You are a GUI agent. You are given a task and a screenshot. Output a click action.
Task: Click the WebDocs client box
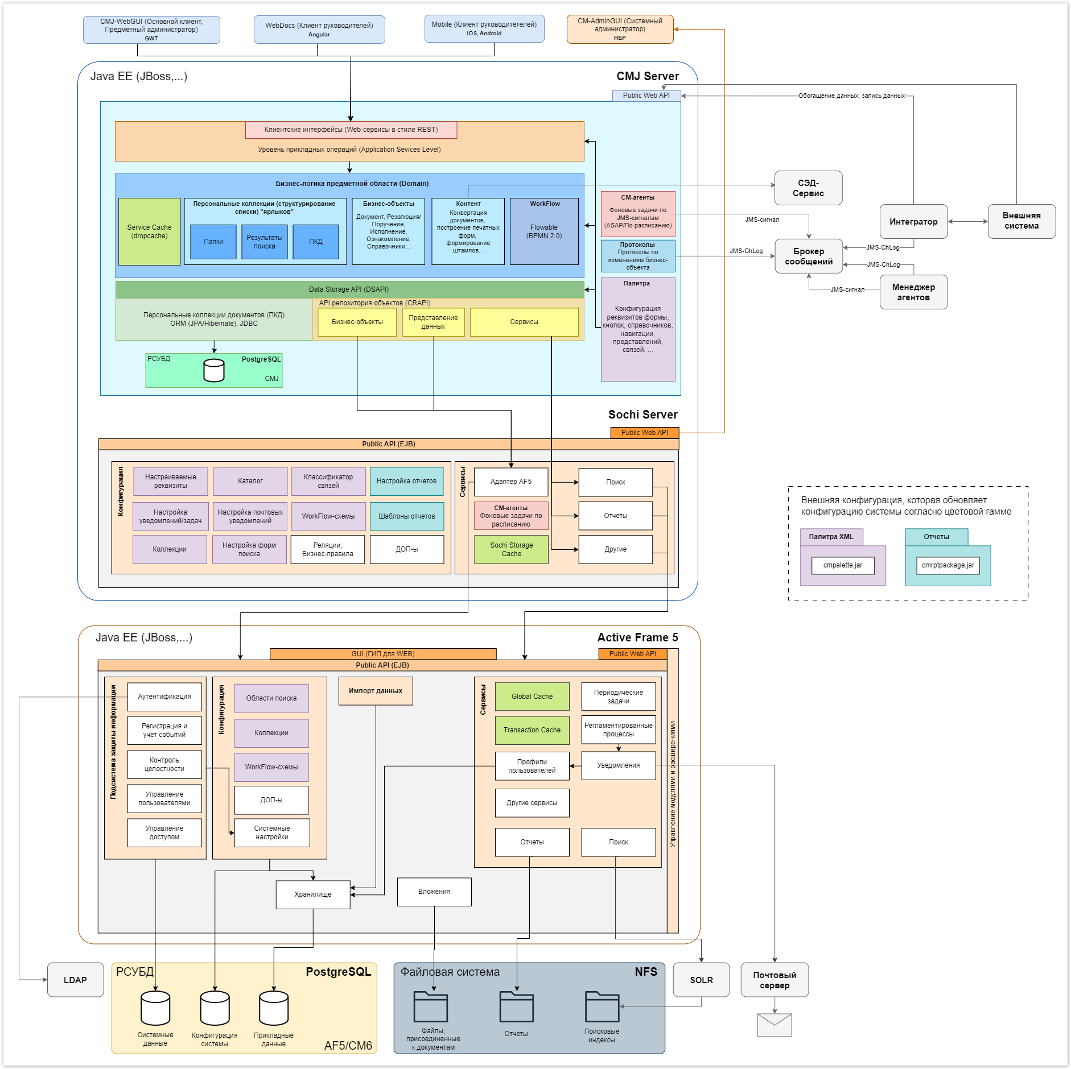click(x=319, y=30)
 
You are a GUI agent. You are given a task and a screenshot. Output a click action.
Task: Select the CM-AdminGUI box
click(x=620, y=30)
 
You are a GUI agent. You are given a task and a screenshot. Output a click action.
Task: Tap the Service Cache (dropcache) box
click(x=149, y=231)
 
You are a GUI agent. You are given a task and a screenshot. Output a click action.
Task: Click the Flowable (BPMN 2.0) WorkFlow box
click(x=544, y=231)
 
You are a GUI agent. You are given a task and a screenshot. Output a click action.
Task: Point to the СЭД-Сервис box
click(x=808, y=188)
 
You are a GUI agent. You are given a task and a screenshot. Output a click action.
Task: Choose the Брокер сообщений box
click(x=808, y=256)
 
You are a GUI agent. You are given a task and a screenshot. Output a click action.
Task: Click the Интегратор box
click(x=913, y=222)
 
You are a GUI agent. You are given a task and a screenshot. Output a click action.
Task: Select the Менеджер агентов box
click(x=913, y=292)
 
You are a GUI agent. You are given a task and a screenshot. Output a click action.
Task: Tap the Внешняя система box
click(x=1021, y=221)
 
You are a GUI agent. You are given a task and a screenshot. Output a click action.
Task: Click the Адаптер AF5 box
click(x=511, y=482)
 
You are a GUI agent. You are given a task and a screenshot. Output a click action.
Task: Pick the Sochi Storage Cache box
click(x=511, y=549)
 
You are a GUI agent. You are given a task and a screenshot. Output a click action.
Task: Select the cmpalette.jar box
click(x=843, y=565)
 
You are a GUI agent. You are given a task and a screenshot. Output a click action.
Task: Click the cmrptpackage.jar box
click(x=948, y=565)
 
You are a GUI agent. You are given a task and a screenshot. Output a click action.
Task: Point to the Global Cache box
click(x=532, y=697)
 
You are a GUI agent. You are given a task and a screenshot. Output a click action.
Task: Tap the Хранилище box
click(x=313, y=894)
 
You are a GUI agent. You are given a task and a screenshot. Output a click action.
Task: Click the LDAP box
click(x=75, y=980)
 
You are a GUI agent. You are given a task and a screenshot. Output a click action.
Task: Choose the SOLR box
click(x=701, y=980)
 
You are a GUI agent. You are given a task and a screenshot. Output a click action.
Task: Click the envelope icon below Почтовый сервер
click(x=775, y=1025)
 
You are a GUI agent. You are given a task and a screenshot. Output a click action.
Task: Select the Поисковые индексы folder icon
click(x=602, y=1006)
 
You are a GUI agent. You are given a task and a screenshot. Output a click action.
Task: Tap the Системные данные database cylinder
click(x=155, y=1008)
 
